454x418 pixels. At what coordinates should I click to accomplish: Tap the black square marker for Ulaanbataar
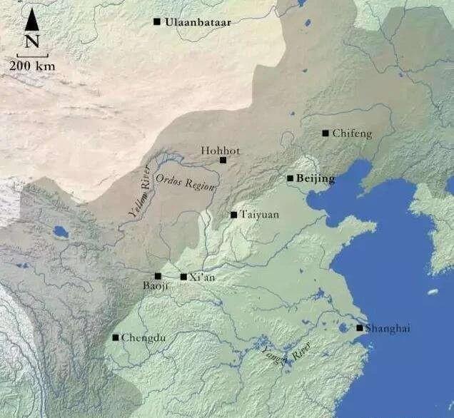[157, 21]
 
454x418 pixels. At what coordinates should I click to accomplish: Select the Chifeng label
[352, 133]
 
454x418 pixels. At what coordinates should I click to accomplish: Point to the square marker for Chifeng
[326, 133]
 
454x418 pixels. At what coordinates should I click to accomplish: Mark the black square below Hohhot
[223, 160]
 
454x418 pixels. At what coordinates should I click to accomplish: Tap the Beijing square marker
[290, 178]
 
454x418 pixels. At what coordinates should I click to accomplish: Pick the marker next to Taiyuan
[233, 214]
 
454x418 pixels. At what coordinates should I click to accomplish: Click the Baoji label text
[153, 287]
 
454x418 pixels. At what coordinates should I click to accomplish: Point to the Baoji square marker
[158, 276]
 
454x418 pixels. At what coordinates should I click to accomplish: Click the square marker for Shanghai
[360, 328]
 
